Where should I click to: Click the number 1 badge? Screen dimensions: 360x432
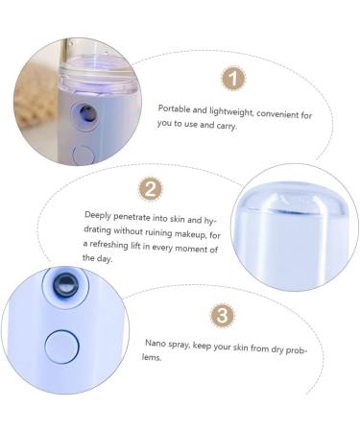(x=233, y=79)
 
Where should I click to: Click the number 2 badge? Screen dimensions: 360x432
(x=150, y=189)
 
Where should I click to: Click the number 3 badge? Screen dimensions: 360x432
(x=222, y=315)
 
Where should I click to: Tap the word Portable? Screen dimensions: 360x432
(x=175, y=108)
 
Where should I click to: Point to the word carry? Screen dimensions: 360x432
(x=227, y=126)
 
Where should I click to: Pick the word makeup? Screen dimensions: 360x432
(x=191, y=234)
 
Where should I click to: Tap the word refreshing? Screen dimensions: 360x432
(x=108, y=245)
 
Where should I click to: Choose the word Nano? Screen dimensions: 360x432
(x=156, y=343)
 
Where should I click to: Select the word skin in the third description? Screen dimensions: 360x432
(x=240, y=348)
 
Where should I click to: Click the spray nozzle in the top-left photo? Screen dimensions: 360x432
(x=87, y=113)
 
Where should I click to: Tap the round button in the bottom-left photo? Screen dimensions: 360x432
(x=61, y=347)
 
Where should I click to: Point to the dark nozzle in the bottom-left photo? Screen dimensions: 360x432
(x=66, y=284)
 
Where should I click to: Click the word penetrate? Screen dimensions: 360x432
(x=132, y=218)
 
